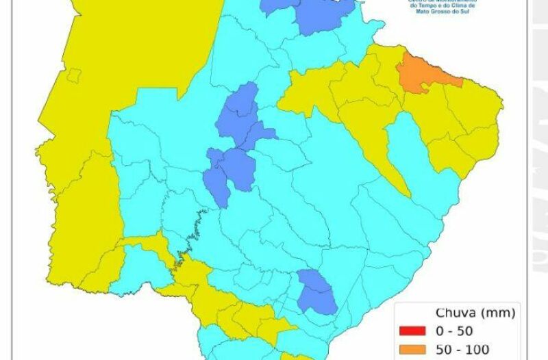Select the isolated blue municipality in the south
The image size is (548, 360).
pos(316,292)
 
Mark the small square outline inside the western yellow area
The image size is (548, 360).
pos(74,75)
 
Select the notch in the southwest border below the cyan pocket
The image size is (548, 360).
pos(158,287)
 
